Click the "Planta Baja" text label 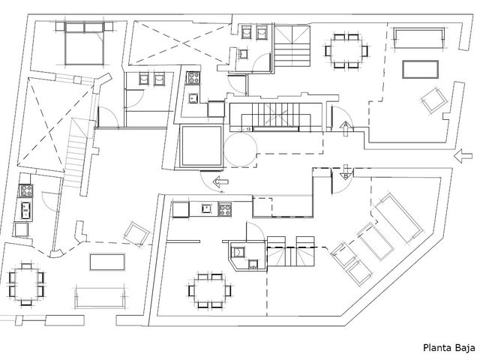(449, 348)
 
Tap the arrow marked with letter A (346, 128)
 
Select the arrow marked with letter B (346, 172)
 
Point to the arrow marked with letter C (220, 181)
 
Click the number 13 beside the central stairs (248, 130)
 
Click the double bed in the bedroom (84, 43)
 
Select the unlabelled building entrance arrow (463, 156)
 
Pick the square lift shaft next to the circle (202, 146)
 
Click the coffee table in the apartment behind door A (420, 70)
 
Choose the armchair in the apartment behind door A (434, 100)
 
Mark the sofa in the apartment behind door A (418, 38)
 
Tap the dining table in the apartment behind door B (209, 290)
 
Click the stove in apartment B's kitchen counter (225, 209)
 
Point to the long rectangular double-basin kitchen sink (25, 211)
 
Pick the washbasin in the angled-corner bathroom (253, 264)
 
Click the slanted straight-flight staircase (76, 153)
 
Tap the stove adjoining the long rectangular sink (26, 190)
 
